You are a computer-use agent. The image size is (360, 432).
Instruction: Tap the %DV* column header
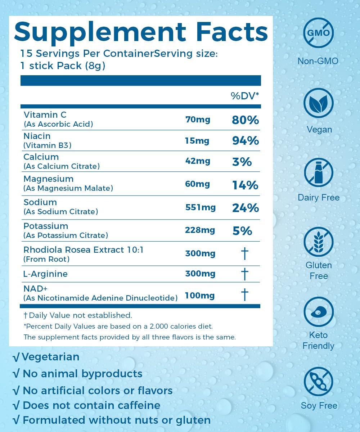[245, 96]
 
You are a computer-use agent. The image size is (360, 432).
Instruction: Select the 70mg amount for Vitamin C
[197, 119]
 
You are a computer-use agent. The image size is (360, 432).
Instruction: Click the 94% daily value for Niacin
[245, 141]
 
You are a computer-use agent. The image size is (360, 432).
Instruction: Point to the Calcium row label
[41, 157]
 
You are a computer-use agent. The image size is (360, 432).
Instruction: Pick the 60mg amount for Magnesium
[197, 184]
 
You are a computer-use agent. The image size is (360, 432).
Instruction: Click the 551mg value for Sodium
[200, 207]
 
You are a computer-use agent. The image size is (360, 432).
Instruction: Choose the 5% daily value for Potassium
[242, 231]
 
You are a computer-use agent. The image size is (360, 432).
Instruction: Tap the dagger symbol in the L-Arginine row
[244, 274]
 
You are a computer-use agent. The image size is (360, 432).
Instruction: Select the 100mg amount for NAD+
[199, 296]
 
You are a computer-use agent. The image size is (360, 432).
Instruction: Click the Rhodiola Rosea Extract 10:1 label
[84, 250]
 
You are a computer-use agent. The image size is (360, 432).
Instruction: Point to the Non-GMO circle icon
[318, 33]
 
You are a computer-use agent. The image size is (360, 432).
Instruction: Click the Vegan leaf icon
[318, 103]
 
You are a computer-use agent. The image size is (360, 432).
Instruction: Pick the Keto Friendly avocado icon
[318, 312]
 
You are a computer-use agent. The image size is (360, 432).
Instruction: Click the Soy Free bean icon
[318, 381]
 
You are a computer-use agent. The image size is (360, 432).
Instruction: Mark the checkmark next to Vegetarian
[16, 357]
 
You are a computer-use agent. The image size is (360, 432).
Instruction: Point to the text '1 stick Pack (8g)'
[63, 66]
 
